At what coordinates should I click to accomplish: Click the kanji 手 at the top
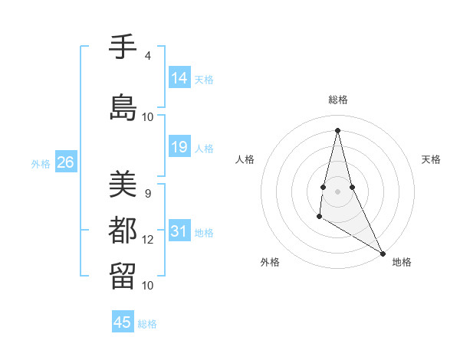pyautogui.click(x=123, y=47)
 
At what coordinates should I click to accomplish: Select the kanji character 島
pyautogui.click(x=123, y=107)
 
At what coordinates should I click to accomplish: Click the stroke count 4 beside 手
pyautogui.click(x=147, y=56)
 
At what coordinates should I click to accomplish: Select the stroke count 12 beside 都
pyautogui.click(x=148, y=240)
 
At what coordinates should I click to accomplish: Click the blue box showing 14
pyautogui.click(x=179, y=78)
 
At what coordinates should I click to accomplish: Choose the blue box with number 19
pyautogui.click(x=179, y=147)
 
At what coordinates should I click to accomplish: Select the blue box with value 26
pyautogui.click(x=65, y=162)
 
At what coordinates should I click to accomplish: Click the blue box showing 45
pyautogui.click(x=123, y=322)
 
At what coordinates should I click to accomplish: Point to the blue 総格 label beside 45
pyautogui.click(x=147, y=324)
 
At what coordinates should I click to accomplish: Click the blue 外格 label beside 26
pyautogui.click(x=41, y=164)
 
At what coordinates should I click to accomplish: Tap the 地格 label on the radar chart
pyautogui.click(x=402, y=262)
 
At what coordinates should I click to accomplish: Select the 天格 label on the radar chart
pyautogui.click(x=431, y=159)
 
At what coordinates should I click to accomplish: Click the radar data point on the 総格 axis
pyautogui.click(x=337, y=130)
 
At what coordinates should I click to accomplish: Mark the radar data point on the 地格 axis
pyautogui.click(x=383, y=253)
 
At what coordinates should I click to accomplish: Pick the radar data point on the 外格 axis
pyautogui.click(x=319, y=217)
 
